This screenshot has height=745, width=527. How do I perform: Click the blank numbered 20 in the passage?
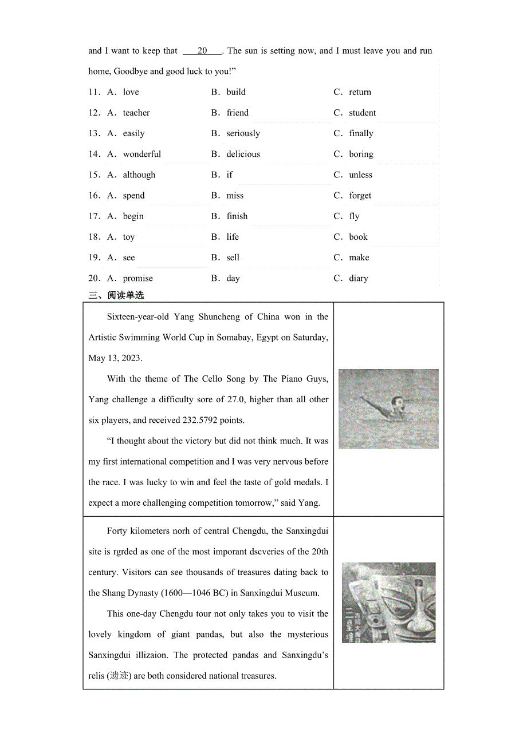(202, 51)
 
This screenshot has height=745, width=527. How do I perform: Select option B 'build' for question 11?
(235, 92)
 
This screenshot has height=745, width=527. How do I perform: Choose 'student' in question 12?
(362, 113)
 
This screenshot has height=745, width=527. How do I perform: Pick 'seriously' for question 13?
(243, 133)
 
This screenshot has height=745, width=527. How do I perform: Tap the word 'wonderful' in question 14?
(141, 154)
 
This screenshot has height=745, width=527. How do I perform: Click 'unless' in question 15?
(360, 175)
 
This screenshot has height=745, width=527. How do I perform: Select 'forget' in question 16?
(360, 196)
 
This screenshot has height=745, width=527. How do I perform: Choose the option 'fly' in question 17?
(354, 216)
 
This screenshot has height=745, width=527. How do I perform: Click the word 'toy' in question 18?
(128, 237)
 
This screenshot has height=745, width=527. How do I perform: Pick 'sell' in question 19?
(233, 257)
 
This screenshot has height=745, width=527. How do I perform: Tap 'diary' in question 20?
(358, 279)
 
